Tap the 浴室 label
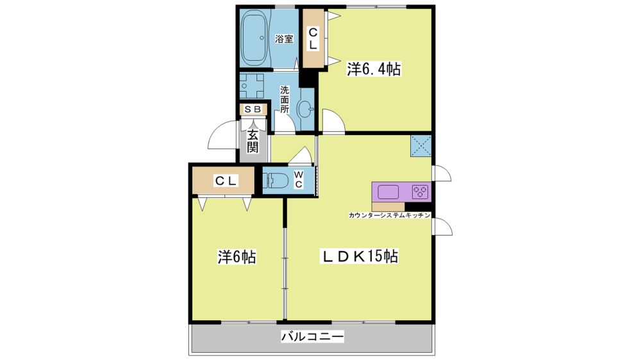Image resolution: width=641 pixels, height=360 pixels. [284, 39]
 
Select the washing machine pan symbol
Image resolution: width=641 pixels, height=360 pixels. [251, 86]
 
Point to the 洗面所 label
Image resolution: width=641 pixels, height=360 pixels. [285, 99]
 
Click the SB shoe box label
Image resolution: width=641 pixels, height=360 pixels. [253, 109]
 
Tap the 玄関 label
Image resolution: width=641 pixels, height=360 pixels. [253, 141]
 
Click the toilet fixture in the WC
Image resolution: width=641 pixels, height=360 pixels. [277, 180]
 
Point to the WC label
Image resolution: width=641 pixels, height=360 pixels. [299, 180]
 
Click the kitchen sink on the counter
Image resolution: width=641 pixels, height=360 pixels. [388, 192]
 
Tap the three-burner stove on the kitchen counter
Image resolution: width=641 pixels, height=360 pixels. [420, 192]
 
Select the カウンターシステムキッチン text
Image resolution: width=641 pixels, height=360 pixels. [389, 215]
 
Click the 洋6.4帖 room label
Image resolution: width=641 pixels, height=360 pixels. [373, 69]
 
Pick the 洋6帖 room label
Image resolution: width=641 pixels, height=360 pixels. [237, 257]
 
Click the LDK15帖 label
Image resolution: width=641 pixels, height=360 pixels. [360, 256]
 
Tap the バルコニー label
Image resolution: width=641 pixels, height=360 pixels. [313, 337]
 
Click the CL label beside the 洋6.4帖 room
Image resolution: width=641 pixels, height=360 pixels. [313, 39]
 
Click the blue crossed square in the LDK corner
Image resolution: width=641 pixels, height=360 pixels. [420, 146]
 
